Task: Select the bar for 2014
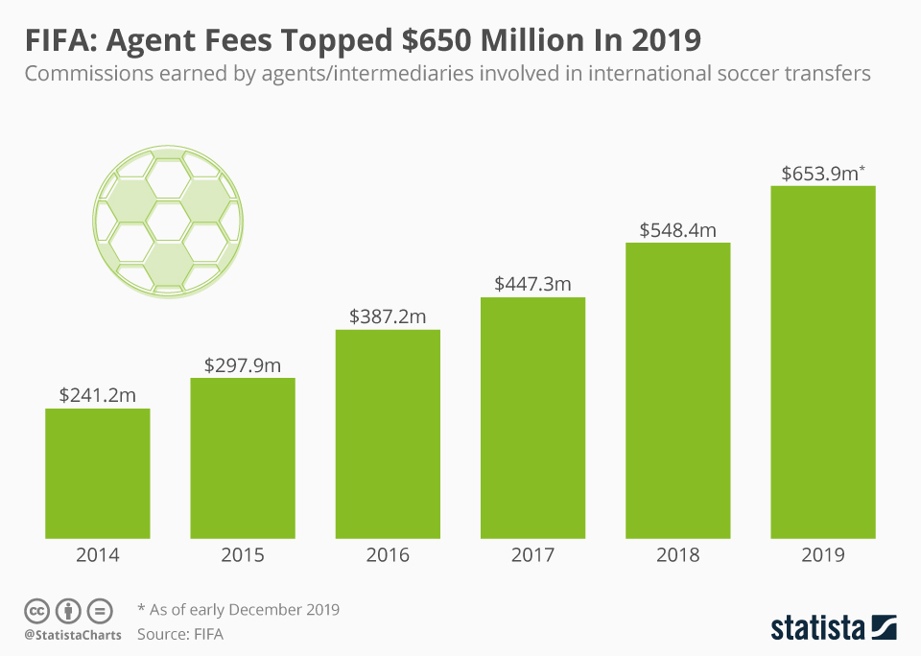click(98, 474)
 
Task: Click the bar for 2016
click(388, 434)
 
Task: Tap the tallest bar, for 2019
click(823, 363)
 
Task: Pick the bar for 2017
click(532, 418)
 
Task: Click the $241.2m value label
click(98, 395)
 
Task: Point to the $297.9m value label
click(243, 364)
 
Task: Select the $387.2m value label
click(388, 316)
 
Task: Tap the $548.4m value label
click(678, 229)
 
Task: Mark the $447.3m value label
click(532, 284)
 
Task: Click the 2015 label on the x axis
click(243, 555)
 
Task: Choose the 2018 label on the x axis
click(678, 555)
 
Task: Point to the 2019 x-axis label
click(823, 555)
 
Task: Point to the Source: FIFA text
click(186, 634)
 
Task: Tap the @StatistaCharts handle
click(73, 635)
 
